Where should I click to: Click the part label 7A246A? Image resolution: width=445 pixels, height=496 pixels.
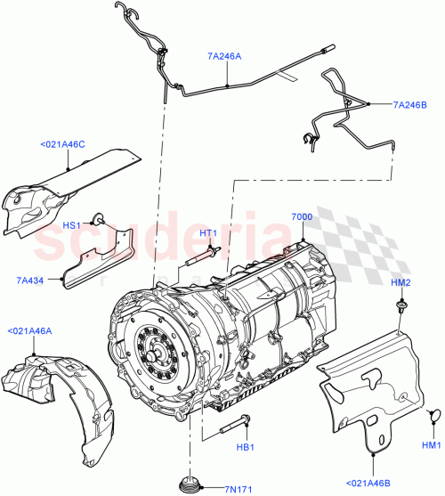224,55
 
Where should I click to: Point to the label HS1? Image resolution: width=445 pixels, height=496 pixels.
74,224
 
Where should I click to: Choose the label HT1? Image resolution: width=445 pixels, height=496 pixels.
209,234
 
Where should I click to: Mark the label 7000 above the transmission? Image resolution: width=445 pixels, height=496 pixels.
303,217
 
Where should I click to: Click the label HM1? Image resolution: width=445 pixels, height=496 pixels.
432,444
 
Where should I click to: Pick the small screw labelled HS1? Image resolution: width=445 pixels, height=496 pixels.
101,216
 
